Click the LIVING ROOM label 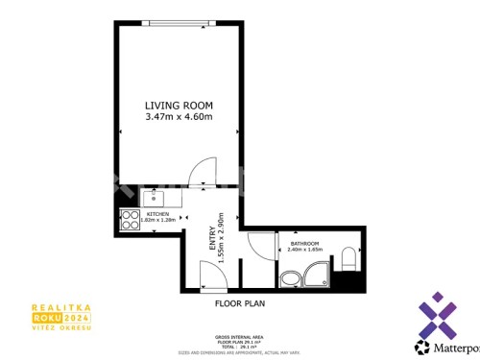tap(178, 105)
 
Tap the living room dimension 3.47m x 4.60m tap(178, 117)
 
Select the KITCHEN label tap(157, 214)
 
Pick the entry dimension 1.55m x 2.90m tap(221, 238)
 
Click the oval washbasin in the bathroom tap(291, 279)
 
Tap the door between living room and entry tap(204, 173)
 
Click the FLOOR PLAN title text tap(239, 302)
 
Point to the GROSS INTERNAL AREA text tap(239, 336)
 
